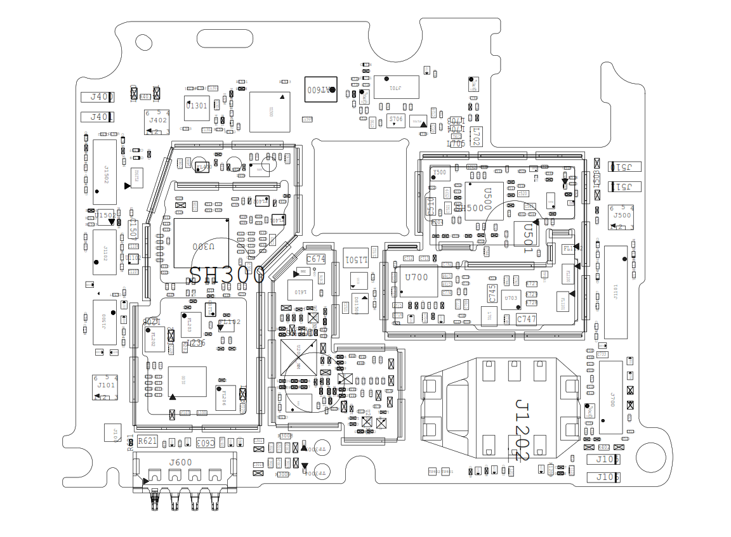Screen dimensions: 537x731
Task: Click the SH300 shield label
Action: pyautogui.click(x=227, y=275)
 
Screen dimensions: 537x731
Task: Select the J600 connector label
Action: pyautogui.click(x=180, y=462)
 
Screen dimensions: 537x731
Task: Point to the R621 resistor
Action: pyautogui.click(x=147, y=441)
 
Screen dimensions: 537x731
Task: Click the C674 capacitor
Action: pyautogui.click(x=315, y=259)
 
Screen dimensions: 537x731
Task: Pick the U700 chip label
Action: pyautogui.click(x=417, y=277)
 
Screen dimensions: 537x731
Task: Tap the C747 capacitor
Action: pyautogui.click(x=526, y=320)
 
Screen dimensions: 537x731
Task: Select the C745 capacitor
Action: pyautogui.click(x=492, y=293)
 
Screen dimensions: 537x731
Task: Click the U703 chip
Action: pyautogui.click(x=511, y=299)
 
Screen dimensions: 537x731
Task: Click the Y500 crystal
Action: pyautogui.click(x=439, y=172)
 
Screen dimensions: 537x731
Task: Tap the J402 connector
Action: pyautogui.click(x=157, y=121)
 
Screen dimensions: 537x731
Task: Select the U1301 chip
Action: pyautogui.click(x=197, y=107)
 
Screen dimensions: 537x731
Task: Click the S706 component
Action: pyautogui.click(x=395, y=120)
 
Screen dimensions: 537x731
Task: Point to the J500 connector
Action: pyautogui.click(x=621, y=216)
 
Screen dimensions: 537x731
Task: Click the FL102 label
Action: pyautogui.click(x=229, y=323)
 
